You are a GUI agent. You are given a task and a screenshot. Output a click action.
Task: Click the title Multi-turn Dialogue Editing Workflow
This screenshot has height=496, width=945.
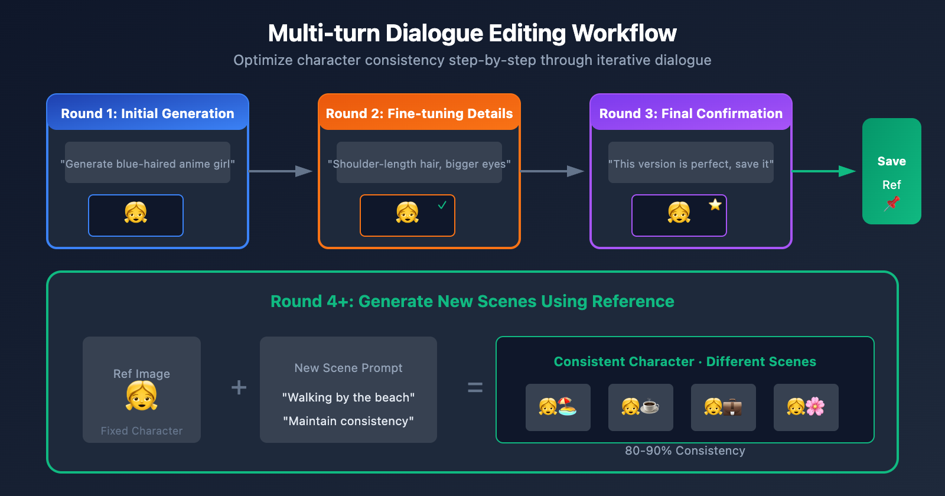click(472, 34)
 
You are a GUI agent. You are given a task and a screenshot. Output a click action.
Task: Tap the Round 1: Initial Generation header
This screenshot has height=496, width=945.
click(148, 113)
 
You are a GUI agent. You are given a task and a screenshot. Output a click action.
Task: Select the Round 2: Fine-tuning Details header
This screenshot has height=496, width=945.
click(419, 113)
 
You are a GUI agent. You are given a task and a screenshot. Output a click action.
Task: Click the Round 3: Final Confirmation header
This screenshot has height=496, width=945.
click(691, 113)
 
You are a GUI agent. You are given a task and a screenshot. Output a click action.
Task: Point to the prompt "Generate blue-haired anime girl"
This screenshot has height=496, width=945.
click(148, 164)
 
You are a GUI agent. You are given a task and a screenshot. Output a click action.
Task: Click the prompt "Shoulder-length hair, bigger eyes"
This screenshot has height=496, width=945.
click(419, 164)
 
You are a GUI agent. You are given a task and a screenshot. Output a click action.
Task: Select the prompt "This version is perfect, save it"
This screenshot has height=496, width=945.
click(691, 164)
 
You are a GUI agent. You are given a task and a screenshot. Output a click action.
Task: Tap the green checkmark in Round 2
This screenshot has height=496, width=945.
click(442, 205)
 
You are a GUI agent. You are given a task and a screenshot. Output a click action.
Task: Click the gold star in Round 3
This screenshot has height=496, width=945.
click(715, 205)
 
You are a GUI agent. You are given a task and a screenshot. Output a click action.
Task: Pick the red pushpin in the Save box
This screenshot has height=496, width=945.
click(892, 204)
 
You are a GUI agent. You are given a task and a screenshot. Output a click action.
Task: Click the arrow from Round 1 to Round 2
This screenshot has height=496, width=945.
click(281, 171)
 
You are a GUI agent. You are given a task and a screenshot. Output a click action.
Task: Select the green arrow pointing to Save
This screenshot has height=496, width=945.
click(823, 171)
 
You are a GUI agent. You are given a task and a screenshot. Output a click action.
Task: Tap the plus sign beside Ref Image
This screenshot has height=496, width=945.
click(239, 387)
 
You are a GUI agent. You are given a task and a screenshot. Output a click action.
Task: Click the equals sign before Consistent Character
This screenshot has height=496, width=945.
click(475, 387)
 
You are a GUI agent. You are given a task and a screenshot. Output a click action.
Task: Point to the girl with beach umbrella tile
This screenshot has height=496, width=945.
click(558, 407)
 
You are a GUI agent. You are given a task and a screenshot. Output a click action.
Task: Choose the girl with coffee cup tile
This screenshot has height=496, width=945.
click(641, 407)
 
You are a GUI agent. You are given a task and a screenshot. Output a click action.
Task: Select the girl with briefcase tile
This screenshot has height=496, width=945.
click(724, 407)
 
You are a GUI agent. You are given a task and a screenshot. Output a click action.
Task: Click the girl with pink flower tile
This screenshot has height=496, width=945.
click(806, 407)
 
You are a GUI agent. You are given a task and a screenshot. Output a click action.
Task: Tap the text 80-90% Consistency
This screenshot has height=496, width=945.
click(685, 451)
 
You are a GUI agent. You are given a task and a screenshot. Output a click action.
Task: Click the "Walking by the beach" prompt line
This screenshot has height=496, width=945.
click(348, 397)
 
